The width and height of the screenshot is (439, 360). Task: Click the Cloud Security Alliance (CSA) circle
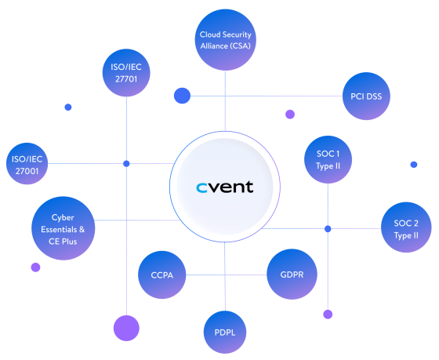tap(225, 40)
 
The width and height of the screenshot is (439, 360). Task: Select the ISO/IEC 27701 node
tap(126, 74)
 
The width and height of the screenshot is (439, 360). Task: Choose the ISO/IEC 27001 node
tap(27, 165)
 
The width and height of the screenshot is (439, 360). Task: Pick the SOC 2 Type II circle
tap(405, 228)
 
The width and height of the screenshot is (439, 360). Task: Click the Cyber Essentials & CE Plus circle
tap(63, 228)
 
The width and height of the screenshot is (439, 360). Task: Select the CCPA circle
tap(161, 275)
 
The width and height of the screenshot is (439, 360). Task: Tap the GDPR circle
tap(292, 275)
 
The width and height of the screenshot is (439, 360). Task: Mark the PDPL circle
tap(225, 333)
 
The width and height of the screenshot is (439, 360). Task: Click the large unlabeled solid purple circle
tap(125, 328)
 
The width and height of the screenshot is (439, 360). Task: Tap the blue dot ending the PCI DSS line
tap(183, 96)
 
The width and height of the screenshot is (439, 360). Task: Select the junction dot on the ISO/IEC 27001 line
tap(126, 164)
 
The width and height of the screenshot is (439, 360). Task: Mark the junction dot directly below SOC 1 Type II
tap(328, 229)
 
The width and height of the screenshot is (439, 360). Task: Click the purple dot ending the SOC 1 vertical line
tap(328, 315)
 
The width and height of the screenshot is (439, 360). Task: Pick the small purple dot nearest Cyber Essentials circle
tap(35, 267)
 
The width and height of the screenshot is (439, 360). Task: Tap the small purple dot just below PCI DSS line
tap(290, 114)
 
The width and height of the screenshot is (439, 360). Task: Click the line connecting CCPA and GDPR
tap(227, 275)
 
